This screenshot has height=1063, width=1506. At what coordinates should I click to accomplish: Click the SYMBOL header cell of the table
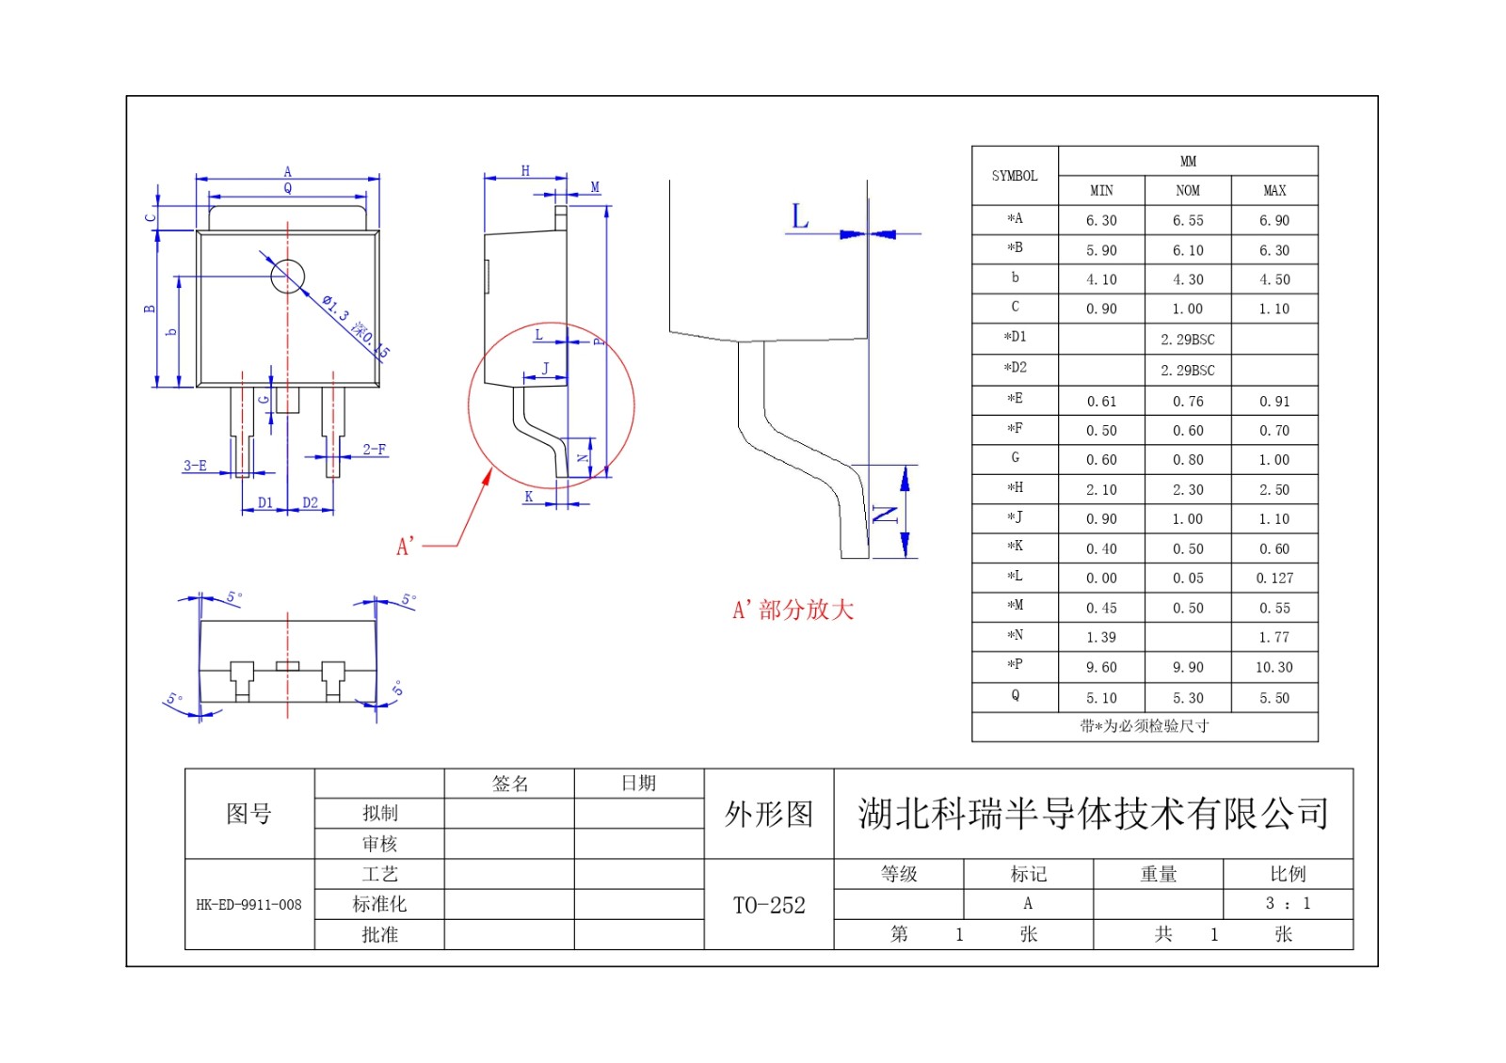tap(1014, 176)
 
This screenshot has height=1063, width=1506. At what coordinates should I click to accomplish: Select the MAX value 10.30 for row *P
tap(1274, 667)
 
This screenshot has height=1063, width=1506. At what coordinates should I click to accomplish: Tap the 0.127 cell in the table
tap(1274, 578)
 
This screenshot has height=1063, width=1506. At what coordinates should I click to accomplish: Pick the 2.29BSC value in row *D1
tap(1187, 340)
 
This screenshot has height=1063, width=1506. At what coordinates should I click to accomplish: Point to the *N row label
tap(1014, 636)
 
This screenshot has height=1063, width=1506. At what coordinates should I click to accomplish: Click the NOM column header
tap(1187, 191)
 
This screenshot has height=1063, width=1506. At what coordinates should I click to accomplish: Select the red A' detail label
tap(406, 547)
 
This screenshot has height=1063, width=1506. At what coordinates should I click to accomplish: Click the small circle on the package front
tap(287, 277)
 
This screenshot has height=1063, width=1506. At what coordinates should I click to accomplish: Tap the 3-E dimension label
tap(195, 466)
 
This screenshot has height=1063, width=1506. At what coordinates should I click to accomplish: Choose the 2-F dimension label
tap(375, 450)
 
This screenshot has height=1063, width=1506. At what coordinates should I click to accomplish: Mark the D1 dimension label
tap(264, 503)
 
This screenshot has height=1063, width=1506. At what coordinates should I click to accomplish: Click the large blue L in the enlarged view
tap(799, 217)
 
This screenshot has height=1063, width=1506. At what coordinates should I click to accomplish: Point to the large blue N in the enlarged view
tap(885, 514)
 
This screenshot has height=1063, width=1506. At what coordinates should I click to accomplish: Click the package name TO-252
tap(769, 905)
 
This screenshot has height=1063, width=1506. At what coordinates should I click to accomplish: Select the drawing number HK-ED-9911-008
tap(248, 905)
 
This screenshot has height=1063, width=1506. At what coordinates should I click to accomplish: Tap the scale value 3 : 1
tap(1287, 904)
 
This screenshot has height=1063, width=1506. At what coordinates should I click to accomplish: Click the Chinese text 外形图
tap(768, 814)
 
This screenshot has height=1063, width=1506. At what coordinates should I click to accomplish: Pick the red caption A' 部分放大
tap(793, 610)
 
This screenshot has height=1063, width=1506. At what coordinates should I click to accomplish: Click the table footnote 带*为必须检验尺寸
tap(1144, 726)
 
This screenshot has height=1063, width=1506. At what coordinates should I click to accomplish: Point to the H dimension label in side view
tap(525, 171)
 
